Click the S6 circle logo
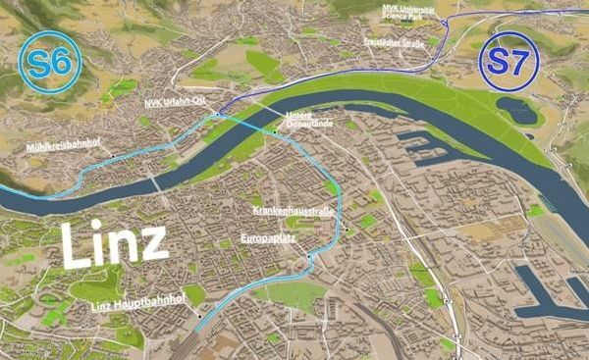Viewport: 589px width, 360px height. coord(47,62)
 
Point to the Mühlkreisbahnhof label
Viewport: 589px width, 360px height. coord(65,145)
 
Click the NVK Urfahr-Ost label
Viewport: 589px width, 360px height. coord(174,103)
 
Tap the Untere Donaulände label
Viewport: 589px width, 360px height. coord(308,119)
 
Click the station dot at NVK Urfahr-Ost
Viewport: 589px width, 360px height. coord(213,115)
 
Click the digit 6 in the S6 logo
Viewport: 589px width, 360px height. coord(59,62)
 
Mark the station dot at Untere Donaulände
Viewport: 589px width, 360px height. coord(276,128)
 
